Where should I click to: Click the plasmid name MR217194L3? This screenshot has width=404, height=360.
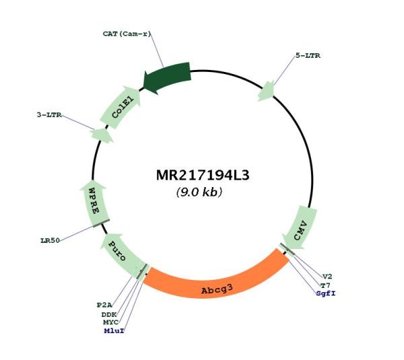click(203, 176)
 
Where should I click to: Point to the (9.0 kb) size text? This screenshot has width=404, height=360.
click(199, 192)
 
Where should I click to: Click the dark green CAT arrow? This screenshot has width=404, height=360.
click(167, 78)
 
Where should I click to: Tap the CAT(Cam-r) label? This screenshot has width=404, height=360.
click(127, 34)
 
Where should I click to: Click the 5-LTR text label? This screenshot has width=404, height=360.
click(308, 56)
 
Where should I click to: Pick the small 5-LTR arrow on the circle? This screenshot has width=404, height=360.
click(267, 91)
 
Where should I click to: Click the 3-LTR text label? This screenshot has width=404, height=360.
click(49, 115)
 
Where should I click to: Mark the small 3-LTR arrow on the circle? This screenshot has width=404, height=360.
click(102, 135)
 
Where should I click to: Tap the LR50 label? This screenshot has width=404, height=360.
click(50, 240)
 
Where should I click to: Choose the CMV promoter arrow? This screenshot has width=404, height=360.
click(300, 228)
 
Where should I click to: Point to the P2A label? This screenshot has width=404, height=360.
click(104, 305)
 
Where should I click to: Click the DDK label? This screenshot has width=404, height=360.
click(109, 314)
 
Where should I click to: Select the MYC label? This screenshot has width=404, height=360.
click(111, 322)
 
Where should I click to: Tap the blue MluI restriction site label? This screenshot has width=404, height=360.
click(114, 331)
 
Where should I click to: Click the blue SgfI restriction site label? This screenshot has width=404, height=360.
click(326, 293)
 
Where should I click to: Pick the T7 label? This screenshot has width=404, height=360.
click(325, 285)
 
